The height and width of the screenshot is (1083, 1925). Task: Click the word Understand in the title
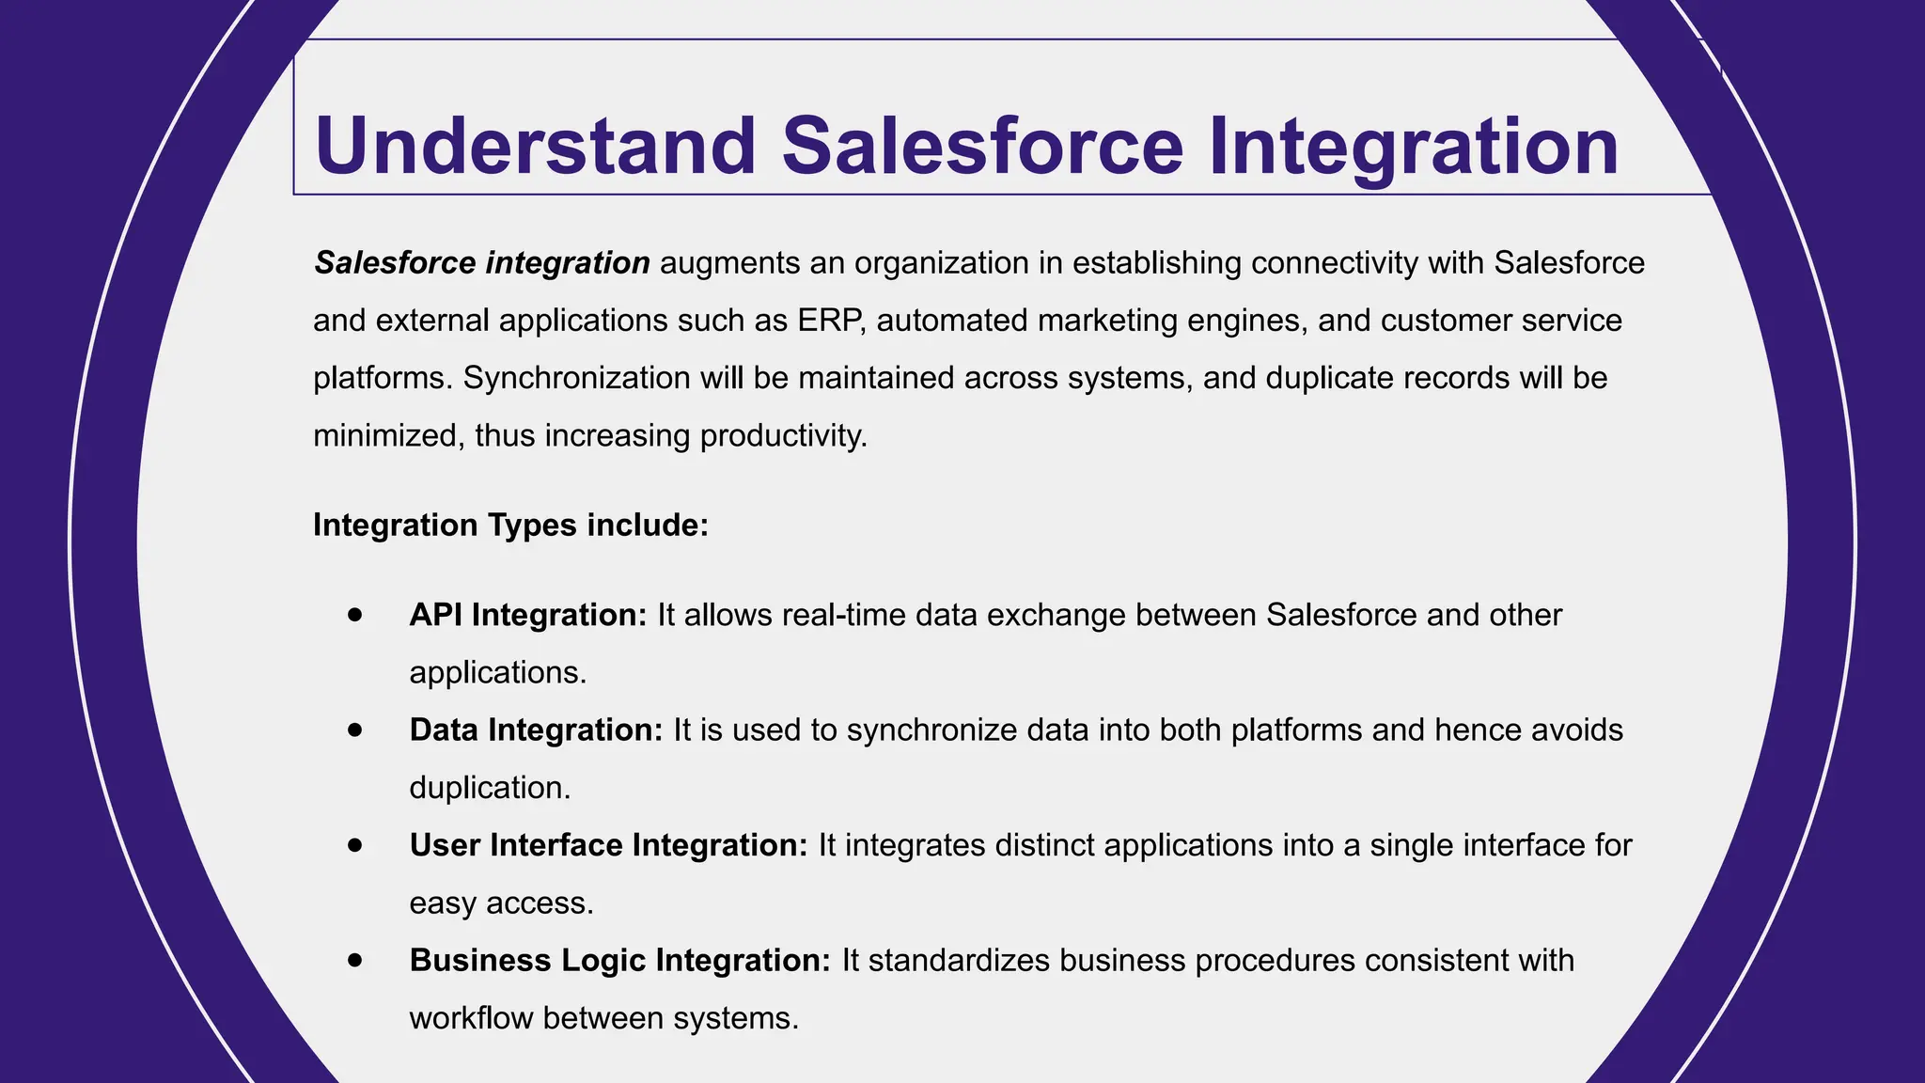coord(535,146)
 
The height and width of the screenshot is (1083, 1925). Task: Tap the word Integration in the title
coord(1413,146)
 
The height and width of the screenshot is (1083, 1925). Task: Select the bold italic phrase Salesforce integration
coord(481,263)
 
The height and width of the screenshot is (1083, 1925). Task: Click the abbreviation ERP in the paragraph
coord(830,321)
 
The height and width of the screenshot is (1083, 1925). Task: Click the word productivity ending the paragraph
coord(783,436)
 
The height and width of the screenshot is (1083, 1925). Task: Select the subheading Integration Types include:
coord(510,525)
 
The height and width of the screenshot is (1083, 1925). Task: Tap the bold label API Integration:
coord(528,615)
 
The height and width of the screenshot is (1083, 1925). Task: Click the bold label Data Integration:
coord(536,730)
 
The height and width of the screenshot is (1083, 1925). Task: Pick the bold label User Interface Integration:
coord(608,845)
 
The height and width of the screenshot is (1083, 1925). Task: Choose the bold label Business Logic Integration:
coord(619,961)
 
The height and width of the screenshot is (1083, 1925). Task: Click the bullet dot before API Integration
coord(354,615)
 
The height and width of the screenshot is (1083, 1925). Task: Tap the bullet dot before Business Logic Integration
coord(354,961)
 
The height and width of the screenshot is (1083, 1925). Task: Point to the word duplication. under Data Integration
coord(490,788)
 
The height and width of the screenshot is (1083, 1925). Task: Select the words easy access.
coord(501,903)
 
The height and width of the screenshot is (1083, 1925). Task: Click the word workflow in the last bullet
coord(471,1018)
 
